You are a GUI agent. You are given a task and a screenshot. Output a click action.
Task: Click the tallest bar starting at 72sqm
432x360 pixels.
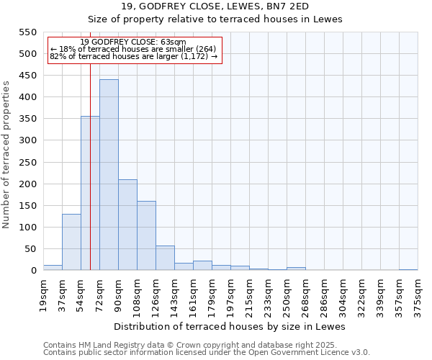point(109,175)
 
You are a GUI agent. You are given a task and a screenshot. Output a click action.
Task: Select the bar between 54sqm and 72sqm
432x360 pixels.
point(90,193)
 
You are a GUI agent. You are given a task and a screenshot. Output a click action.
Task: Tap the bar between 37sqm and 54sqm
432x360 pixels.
point(71,242)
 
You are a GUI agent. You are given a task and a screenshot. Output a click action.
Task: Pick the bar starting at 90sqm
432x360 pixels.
point(127,225)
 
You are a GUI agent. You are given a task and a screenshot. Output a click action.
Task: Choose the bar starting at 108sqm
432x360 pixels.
point(146,235)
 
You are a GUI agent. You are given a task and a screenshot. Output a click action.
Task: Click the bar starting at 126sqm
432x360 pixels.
point(165,258)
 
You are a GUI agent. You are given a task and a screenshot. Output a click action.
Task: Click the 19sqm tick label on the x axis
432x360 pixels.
point(43,294)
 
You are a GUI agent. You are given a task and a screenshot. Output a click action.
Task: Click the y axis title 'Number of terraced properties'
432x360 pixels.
point(6,155)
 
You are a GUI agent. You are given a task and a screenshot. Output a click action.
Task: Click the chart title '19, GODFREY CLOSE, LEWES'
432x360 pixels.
point(215,6)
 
